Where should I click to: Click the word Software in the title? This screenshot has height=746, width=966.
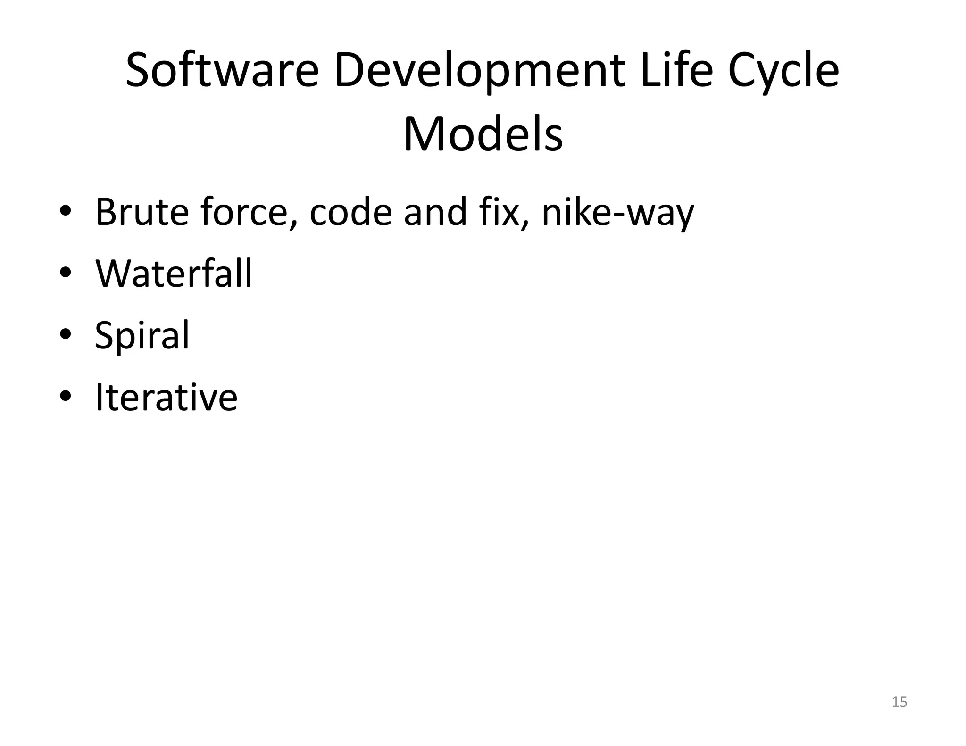pyautogui.click(x=222, y=71)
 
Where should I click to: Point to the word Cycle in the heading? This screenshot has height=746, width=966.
pyautogui.click(x=783, y=71)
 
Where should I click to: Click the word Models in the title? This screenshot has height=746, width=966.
pyautogui.click(x=483, y=135)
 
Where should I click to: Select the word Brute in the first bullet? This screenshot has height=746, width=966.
pyautogui.click(x=142, y=212)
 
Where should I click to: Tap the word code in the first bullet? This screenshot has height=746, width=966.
pyautogui.click(x=350, y=212)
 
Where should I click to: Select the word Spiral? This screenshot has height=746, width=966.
pyautogui.click(x=142, y=336)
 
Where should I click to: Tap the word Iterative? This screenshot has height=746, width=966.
pyautogui.click(x=166, y=397)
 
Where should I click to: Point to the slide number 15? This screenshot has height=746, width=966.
pyautogui.click(x=899, y=702)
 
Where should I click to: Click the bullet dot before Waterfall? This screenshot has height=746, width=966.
pyautogui.click(x=66, y=273)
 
